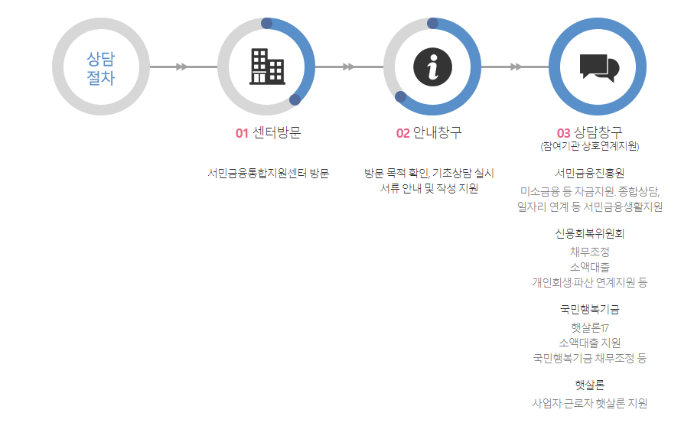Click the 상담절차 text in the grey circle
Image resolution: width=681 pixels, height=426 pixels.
click(101, 67)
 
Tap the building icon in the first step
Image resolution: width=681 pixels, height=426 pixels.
click(266, 67)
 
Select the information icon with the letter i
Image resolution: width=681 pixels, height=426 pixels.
click(432, 67)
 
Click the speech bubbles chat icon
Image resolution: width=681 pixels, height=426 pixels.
click(598, 67)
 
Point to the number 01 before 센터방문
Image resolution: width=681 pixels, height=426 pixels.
click(242, 133)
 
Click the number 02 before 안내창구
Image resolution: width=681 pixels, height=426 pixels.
click(402, 133)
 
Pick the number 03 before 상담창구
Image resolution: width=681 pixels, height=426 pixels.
click(563, 133)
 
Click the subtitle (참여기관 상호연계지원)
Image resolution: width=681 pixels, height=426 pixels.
click(589, 146)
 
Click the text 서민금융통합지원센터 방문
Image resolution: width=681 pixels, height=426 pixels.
click(268, 173)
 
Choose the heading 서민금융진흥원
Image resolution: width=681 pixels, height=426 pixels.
click(589, 173)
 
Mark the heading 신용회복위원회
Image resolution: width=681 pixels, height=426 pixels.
click(589, 233)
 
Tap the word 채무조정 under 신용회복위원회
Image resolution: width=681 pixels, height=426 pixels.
click(589, 252)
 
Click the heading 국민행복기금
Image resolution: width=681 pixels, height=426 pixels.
click(589, 310)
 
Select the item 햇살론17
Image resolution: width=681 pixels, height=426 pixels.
click(589, 327)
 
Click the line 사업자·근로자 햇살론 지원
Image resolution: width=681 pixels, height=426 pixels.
click(589, 403)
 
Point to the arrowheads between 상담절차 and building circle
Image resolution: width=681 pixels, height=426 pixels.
click(181, 67)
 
